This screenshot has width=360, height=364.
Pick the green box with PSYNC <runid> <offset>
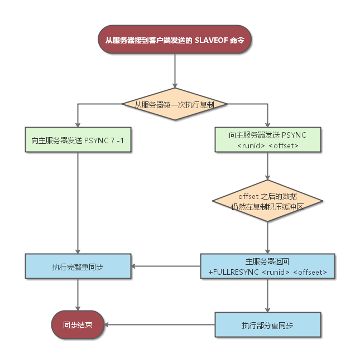tap(267, 139)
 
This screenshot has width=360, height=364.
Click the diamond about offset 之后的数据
tap(267, 201)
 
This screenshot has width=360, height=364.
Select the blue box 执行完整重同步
tap(78, 266)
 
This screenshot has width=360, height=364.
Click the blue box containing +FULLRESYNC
tap(267, 266)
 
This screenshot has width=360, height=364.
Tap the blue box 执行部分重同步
tap(267, 324)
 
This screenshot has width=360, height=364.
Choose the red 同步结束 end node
tap(78, 324)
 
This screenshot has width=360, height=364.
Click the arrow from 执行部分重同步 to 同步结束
tap(160, 324)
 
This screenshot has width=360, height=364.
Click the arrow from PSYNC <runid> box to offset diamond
tap(267, 167)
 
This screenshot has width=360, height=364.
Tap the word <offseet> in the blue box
tap(310, 272)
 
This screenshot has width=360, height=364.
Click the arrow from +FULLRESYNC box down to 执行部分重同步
tap(267, 295)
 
